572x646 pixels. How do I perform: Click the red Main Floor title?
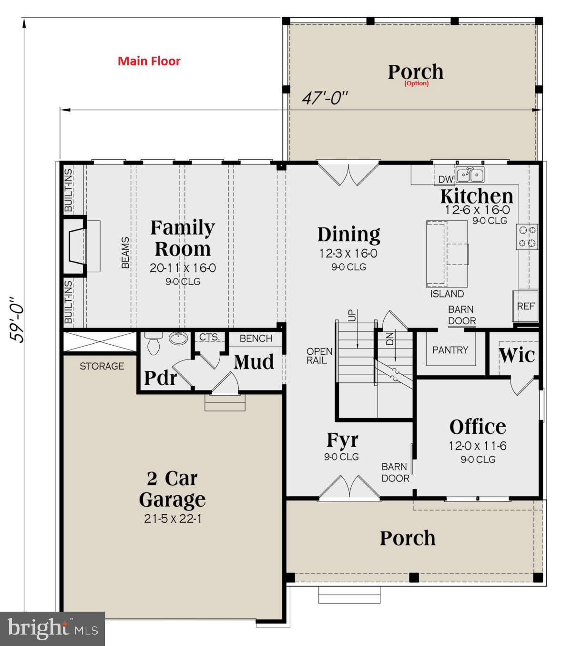coord(149,61)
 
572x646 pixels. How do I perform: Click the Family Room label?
coord(183,238)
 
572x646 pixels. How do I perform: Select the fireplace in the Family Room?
coord(76,246)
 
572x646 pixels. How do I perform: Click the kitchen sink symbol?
coord(470,175)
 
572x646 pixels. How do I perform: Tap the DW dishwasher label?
coord(446,179)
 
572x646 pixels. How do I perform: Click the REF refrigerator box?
coord(526,306)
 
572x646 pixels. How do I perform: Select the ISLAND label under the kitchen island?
coord(447,294)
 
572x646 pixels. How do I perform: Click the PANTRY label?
coord(450,350)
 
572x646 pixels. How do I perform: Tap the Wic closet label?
coord(517,355)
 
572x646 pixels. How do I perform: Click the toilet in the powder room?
coord(153,344)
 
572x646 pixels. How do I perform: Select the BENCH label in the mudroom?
coord(256,338)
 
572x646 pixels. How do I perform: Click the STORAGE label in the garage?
coord(102,366)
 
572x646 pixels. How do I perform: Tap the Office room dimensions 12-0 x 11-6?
coord(478,446)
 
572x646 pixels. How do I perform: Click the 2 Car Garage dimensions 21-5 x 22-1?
coord(173,519)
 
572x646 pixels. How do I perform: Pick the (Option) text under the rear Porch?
coord(417,83)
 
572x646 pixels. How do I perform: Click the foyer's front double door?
coord(349,487)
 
